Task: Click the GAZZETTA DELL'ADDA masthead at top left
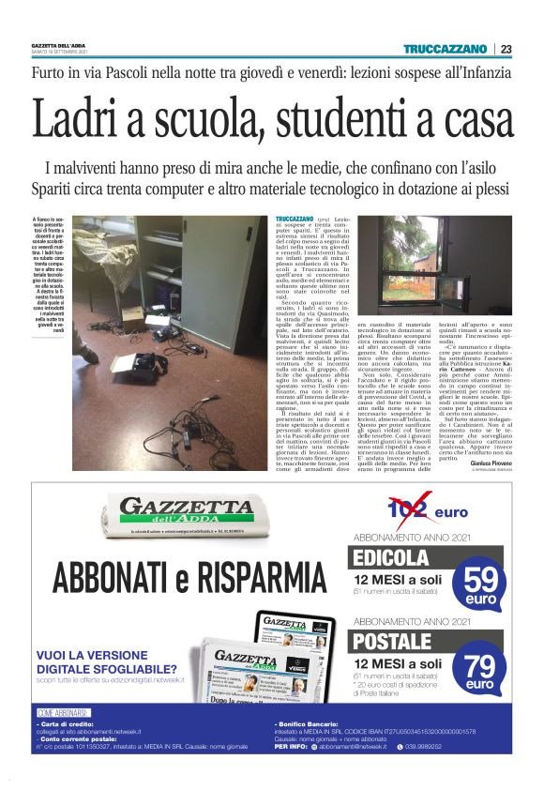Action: pyautogui.click(x=58, y=47)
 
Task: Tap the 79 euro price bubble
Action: pyautogui.click(x=481, y=669)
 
